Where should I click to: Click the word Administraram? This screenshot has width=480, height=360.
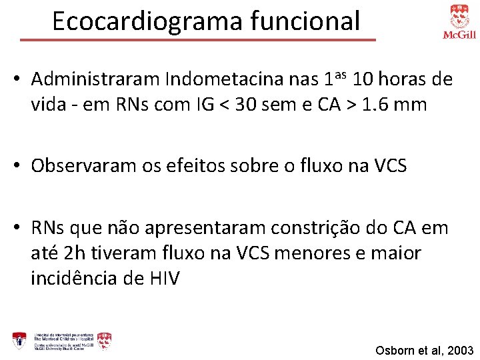(x=95, y=80)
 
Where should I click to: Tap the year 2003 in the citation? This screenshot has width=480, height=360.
(x=459, y=350)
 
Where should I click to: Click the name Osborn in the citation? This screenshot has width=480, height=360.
(x=393, y=350)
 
